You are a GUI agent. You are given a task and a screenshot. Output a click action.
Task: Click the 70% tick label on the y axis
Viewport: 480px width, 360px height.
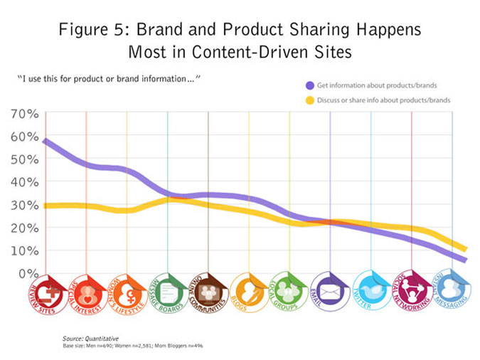pos(24,114)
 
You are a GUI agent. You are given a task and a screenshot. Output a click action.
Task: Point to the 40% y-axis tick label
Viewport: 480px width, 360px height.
pos(24,182)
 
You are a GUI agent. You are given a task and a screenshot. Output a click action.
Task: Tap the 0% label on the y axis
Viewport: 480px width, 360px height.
pos(28,273)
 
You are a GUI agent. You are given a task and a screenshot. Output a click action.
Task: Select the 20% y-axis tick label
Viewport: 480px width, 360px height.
pos(24,228)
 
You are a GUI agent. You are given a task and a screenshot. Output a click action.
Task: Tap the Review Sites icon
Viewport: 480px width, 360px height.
pos(46,292)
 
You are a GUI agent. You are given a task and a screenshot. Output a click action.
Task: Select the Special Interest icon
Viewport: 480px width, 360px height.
pos(86,292)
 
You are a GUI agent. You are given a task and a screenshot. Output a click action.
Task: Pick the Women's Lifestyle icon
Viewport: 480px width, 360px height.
pos(127,292)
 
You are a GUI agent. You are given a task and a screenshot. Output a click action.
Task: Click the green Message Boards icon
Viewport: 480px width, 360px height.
pos(168,292)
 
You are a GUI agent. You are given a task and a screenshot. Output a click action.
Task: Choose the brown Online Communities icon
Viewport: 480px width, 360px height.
pos(208,292)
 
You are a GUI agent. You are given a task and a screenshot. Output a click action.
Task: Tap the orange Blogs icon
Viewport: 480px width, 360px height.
pos(249,292)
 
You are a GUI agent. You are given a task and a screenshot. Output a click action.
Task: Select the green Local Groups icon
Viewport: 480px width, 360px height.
pos(289,292)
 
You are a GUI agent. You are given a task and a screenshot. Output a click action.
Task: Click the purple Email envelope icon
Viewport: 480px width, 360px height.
pos(331,292)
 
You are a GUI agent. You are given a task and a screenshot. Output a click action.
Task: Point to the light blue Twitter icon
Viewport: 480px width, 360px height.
pos(371,292)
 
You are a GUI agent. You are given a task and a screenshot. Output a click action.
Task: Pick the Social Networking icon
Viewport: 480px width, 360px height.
pos(412,292)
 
